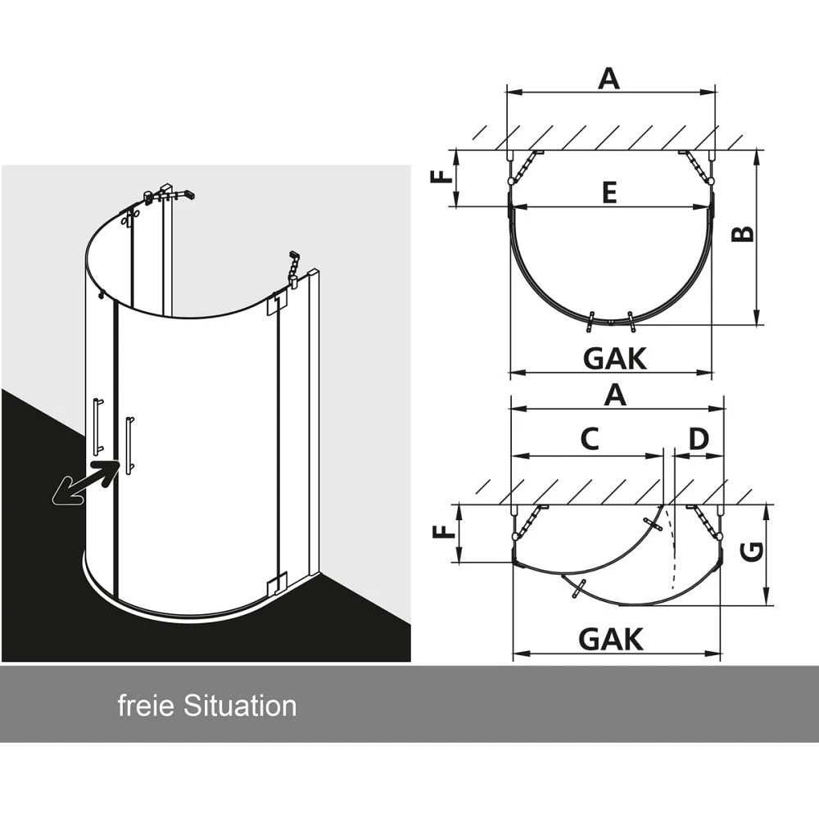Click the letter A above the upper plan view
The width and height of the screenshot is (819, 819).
tap(609, 79)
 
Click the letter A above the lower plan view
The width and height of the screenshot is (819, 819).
tap(615, 395)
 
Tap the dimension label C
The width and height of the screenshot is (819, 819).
tap(590, 439)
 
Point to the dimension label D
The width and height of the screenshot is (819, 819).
tap(699, 439)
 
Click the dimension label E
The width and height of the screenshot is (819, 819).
tap(609, 192)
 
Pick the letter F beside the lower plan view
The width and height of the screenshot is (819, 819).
tap(444, 532)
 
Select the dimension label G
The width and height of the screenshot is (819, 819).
tap(753, 553)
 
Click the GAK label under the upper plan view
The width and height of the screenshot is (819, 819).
tap(615, 359)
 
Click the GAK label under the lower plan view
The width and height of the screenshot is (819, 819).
tap(611, 640)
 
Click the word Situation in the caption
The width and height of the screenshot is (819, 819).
tap(240, 706)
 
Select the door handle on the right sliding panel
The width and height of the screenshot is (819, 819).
tap(129, 445)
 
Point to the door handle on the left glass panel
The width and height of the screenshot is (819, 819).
tap(97, 426)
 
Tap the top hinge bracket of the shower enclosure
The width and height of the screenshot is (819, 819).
tap(274, 305)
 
